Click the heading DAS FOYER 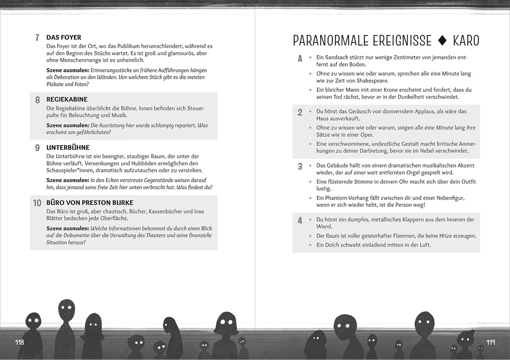tap(63, 38)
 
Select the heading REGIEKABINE tap(67, 99)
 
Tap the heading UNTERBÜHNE tap(68, 147)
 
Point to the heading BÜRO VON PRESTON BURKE tap(89, 202)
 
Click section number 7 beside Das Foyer tap(37, 38)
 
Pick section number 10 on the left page tap(37, 203)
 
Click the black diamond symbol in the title tap(443, 41)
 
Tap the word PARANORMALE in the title tap(326, 41)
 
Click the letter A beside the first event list tap(299, 59)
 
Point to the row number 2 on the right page tap(300, 113)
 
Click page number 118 tap(20, 343)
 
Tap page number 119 tap(490, 343)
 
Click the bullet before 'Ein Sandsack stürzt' tap(310, 57)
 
